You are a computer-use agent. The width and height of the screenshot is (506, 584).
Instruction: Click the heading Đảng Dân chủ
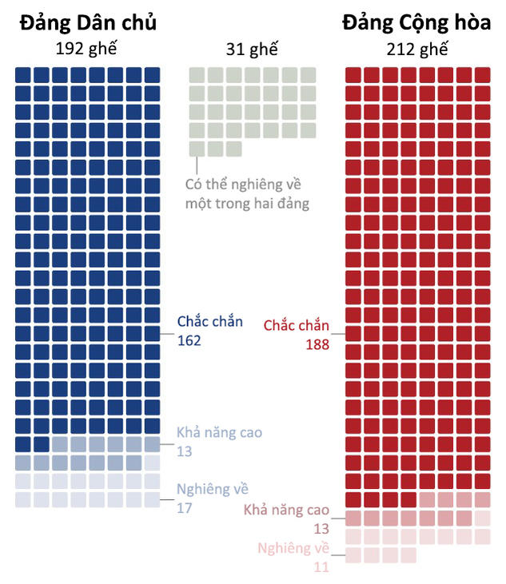point(88,23)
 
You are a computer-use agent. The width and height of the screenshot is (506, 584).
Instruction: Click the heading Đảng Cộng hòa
point(416,23)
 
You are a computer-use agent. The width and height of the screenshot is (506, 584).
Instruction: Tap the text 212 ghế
point(416,50)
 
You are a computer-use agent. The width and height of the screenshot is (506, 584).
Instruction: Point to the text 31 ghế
point(252,50)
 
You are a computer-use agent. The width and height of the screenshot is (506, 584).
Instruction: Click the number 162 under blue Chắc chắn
point(189,340)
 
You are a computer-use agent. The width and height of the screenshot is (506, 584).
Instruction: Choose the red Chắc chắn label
point(296,325)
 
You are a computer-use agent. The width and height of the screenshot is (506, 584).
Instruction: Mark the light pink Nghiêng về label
point(293,548)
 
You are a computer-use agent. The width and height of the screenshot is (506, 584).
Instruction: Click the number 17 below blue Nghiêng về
point(184,506)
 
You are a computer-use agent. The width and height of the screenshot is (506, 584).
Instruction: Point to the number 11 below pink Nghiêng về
point(321,566)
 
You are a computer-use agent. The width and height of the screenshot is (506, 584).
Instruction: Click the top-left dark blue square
point(23,75)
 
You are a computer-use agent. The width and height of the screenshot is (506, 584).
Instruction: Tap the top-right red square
point(482,75)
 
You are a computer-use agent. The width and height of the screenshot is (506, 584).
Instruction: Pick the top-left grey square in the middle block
point(197,75)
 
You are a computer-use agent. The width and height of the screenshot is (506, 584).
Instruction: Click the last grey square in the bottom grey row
point(233,149)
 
